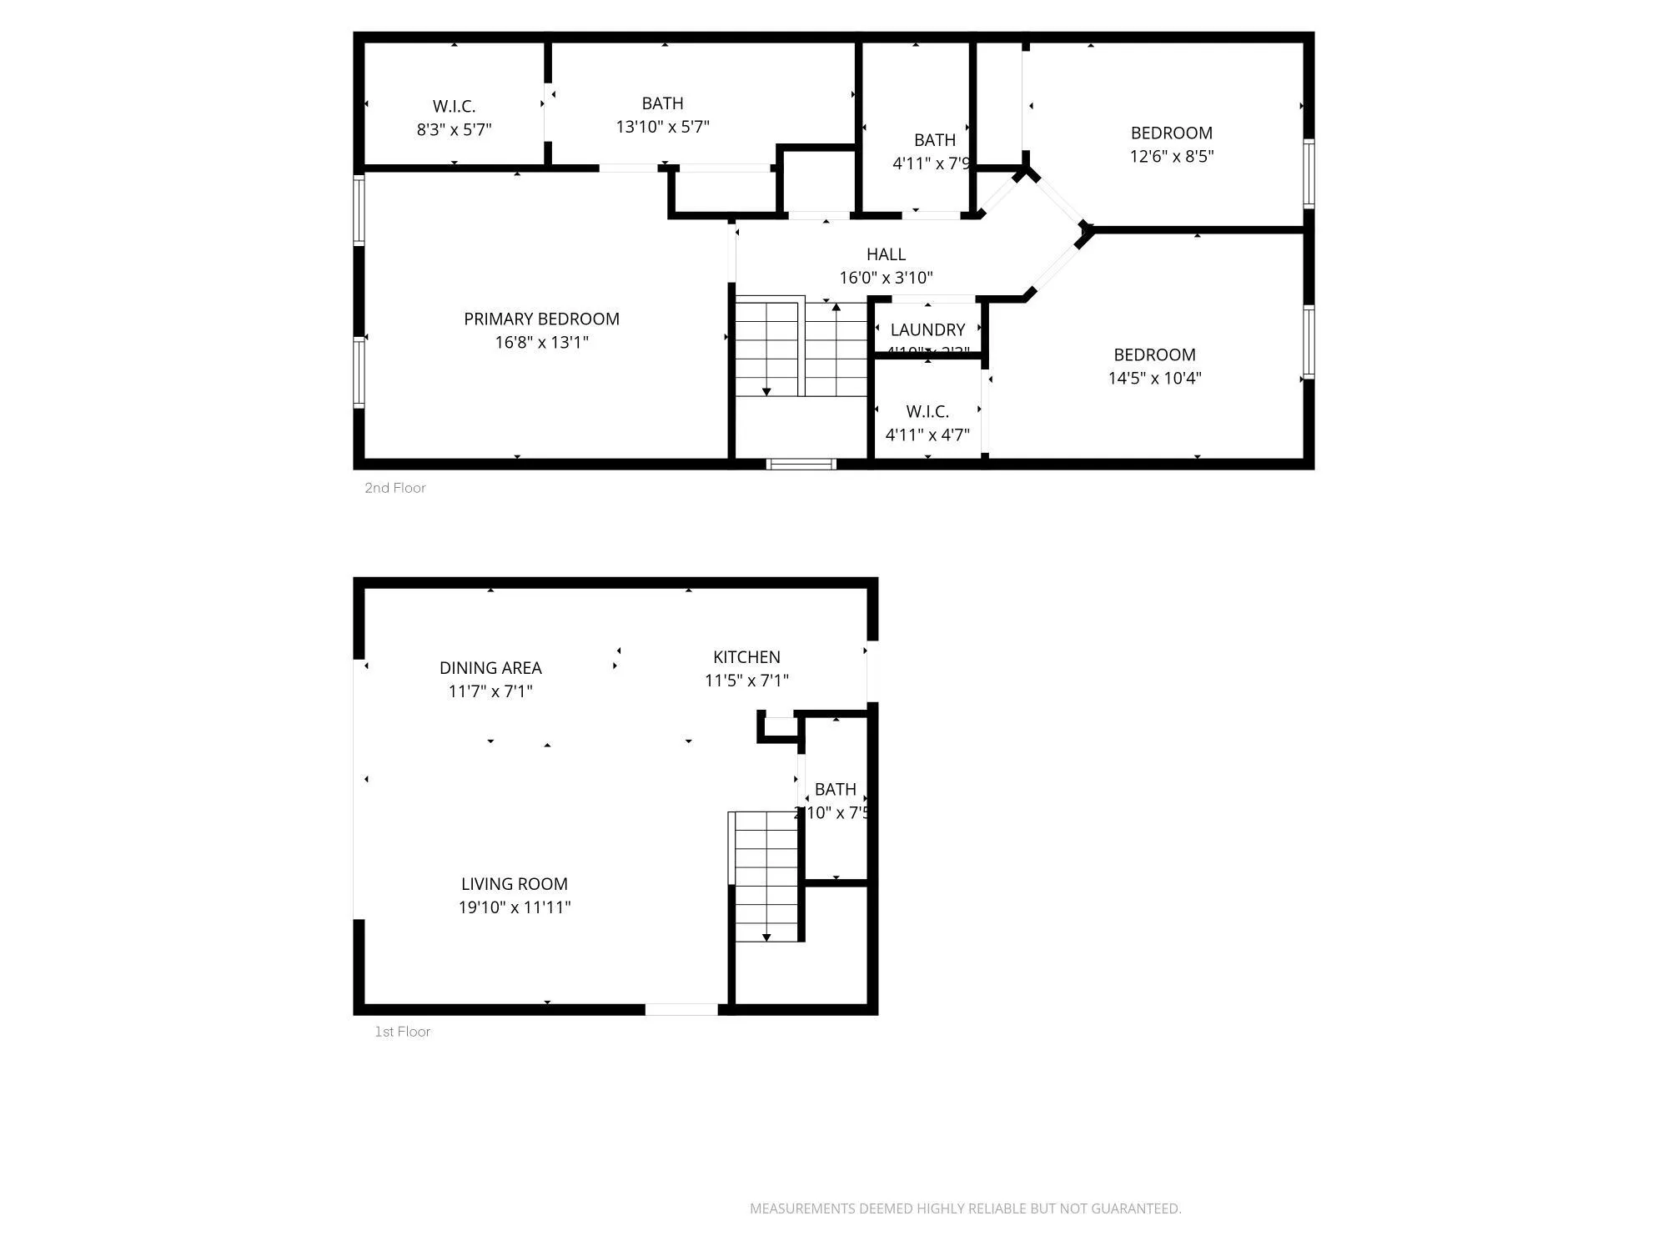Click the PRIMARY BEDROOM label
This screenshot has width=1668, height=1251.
pos(541,319)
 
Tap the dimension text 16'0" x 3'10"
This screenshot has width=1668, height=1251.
pos(886,278)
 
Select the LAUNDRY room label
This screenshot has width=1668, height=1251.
pos(927,330)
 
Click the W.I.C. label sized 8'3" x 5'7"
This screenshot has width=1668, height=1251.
pos(454,107)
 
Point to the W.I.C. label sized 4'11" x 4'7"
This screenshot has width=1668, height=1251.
pos(927,412)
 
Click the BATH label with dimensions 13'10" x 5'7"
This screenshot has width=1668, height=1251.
pos(662,103)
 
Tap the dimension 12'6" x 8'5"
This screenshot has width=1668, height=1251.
pos(1171,156)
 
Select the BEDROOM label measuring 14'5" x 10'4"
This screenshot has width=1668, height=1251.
pos(1154,354)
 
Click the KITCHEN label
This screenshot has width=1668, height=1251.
pos(746,657)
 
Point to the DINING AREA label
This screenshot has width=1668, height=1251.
pos(490,668)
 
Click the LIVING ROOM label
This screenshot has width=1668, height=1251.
pos(514,884)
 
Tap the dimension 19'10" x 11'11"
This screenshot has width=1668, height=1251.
pos(514,907)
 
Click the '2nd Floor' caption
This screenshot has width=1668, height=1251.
pos(394,488)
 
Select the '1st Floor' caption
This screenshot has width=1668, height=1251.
pos(402,1032)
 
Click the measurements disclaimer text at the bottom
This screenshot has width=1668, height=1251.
pos(965,1208)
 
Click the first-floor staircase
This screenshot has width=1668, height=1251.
pos(766,876)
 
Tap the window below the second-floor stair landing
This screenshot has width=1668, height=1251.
pos(801,464)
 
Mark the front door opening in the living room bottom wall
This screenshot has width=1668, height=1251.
pos(681,1009)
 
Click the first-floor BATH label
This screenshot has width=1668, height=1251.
pos(835,789)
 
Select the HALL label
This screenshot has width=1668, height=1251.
pos(886,254)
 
